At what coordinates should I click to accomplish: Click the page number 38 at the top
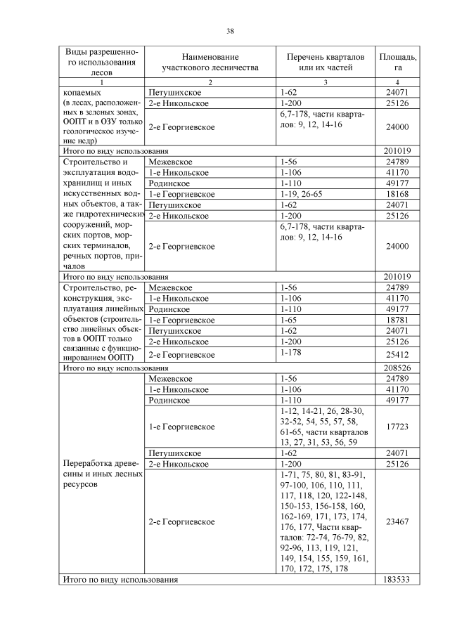click(x=230, y=30)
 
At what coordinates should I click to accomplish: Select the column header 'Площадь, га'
click(x=397, y=62)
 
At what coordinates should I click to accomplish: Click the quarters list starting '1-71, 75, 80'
click(x=321, y=521)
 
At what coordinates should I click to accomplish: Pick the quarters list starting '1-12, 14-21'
click(x=321, y=427)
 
